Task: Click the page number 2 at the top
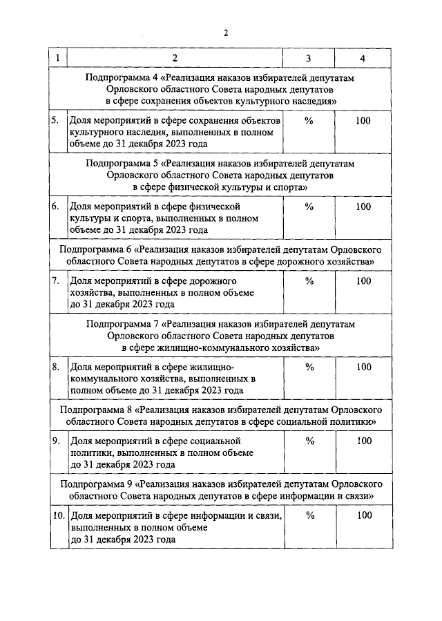(225, 32)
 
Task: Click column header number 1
(58, 58)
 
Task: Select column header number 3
(309, 58)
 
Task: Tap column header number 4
(363, 58)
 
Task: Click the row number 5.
(55, 121)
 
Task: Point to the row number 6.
(55, 207)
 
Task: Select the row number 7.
(55, 281)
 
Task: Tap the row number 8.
(55, 367)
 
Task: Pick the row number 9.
(55, 441)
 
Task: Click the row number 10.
(58, 515)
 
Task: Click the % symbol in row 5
(309, 121)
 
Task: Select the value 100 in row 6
(363, 207)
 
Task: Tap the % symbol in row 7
(309, 281)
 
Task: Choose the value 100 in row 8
(363, 367)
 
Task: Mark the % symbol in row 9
(309, 441)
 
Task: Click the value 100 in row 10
(363, 515)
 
